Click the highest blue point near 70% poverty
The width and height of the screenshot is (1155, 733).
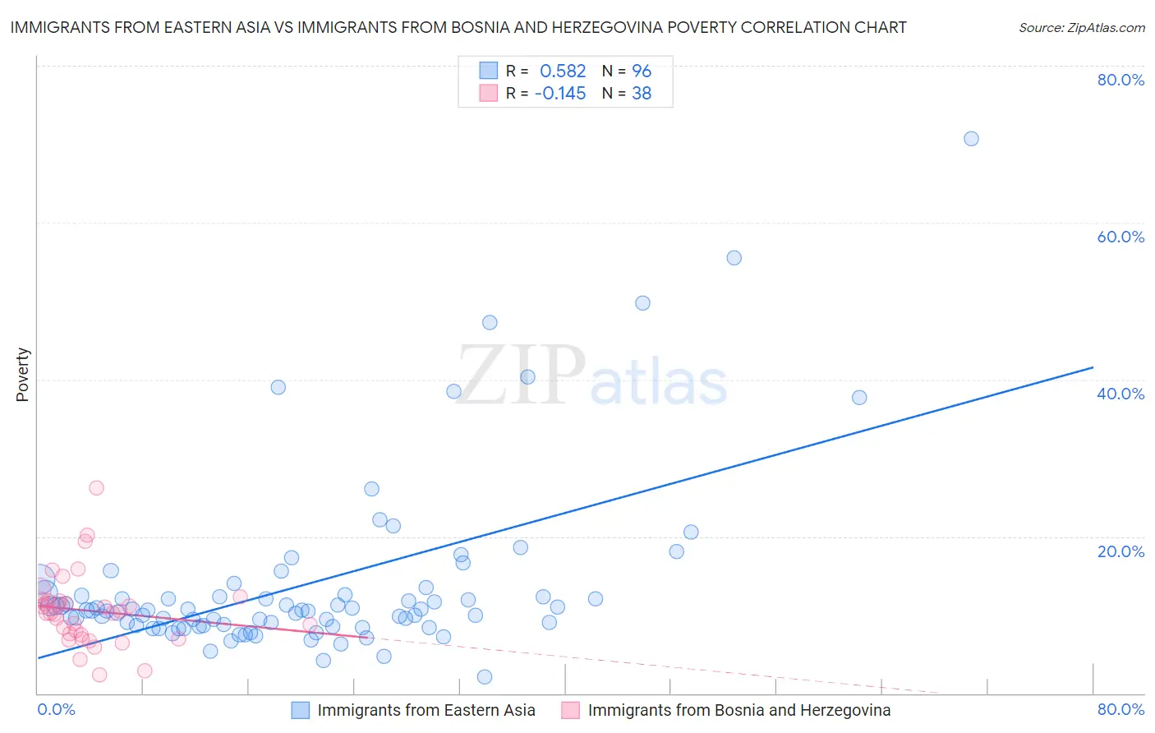point(971,139)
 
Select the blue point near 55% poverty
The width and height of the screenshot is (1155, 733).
point(734,258)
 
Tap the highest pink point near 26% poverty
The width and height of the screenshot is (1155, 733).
point(96,488)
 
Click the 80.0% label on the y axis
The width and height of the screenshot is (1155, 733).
point(1120,80)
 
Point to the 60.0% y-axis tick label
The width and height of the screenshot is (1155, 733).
point(1120,237)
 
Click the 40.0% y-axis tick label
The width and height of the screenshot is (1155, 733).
point(1120,394)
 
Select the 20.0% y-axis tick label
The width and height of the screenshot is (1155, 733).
point(1120,551)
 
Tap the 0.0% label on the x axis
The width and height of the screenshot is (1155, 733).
point(57,710)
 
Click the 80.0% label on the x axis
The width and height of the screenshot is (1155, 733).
point(1120,710)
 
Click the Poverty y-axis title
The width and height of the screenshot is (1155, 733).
point(22,375)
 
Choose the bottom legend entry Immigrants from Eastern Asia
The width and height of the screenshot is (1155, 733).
point(426,711)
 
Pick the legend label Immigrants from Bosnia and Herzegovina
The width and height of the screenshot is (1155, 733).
point(739,711)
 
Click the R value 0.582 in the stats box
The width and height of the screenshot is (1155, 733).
point(563,71)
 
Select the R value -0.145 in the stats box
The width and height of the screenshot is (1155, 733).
point(559,94)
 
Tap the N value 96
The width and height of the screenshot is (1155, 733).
point(641,71)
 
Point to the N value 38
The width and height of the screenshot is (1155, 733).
point(641,94)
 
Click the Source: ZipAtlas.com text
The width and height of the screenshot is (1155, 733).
point(1081,28)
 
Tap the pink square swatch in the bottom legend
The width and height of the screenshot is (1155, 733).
point(570,711)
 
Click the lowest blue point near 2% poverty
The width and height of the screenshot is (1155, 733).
point(485,677)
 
